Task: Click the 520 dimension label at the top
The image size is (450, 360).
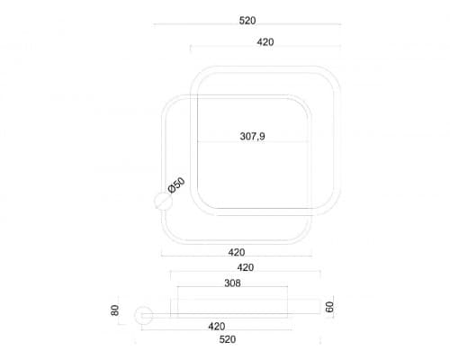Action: (247, 21)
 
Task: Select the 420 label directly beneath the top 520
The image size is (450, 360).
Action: (265, 42)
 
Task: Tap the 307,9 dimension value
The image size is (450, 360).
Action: (252, 137)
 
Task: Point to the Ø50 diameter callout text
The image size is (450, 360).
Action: (176, 185)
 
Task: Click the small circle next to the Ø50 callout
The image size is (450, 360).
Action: (163, 201)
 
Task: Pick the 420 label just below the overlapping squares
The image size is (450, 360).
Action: (237, 252)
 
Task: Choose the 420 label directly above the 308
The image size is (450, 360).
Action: (246, 267)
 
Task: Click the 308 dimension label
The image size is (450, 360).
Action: (232, 283)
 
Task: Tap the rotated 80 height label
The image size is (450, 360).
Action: (115, 310)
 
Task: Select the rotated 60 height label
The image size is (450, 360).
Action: (329, 307)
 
